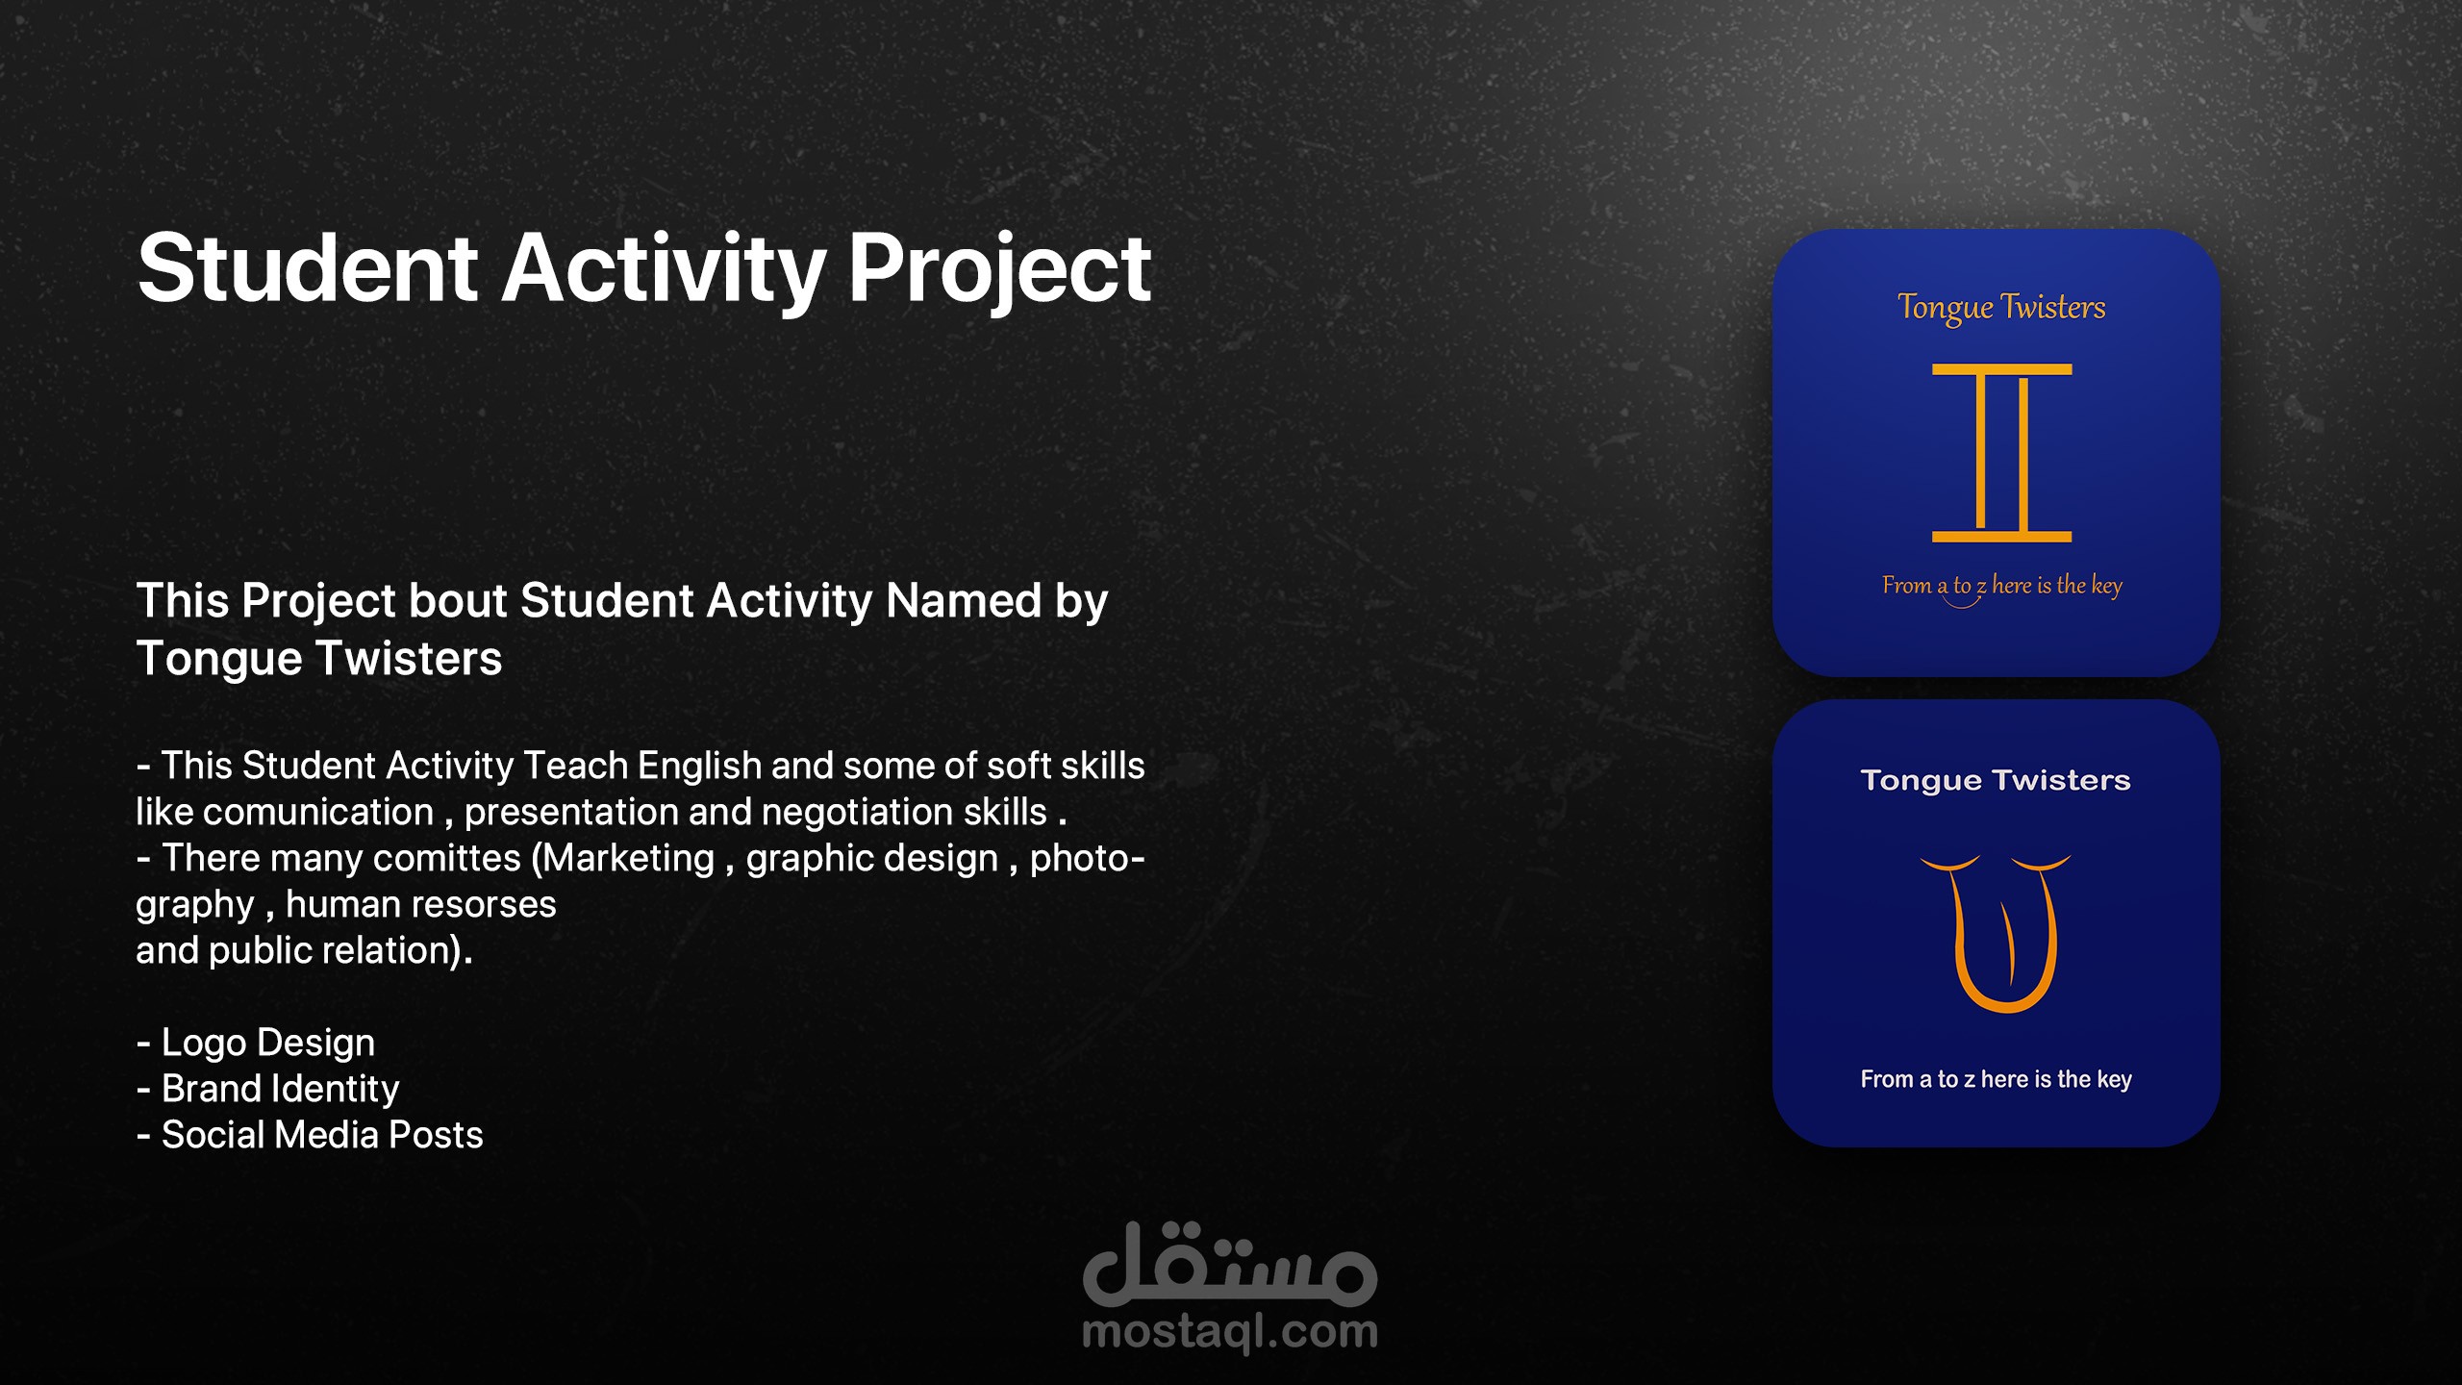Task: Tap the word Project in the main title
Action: pos(999,271)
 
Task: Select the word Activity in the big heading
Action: pos(665,271)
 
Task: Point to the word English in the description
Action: pos(699,768)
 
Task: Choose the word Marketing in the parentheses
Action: pos(629,858)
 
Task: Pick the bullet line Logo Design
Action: pos(256,1044)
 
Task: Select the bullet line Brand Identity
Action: pos(268,1090)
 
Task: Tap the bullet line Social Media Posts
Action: pos(310,1135)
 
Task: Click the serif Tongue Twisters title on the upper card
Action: pos(2001,308)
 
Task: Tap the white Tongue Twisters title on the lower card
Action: pos(1996,781)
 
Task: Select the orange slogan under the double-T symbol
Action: pos(2002,587)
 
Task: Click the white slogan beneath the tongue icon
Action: pos(1997,1080)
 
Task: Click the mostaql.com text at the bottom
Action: pos(1230,1333)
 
